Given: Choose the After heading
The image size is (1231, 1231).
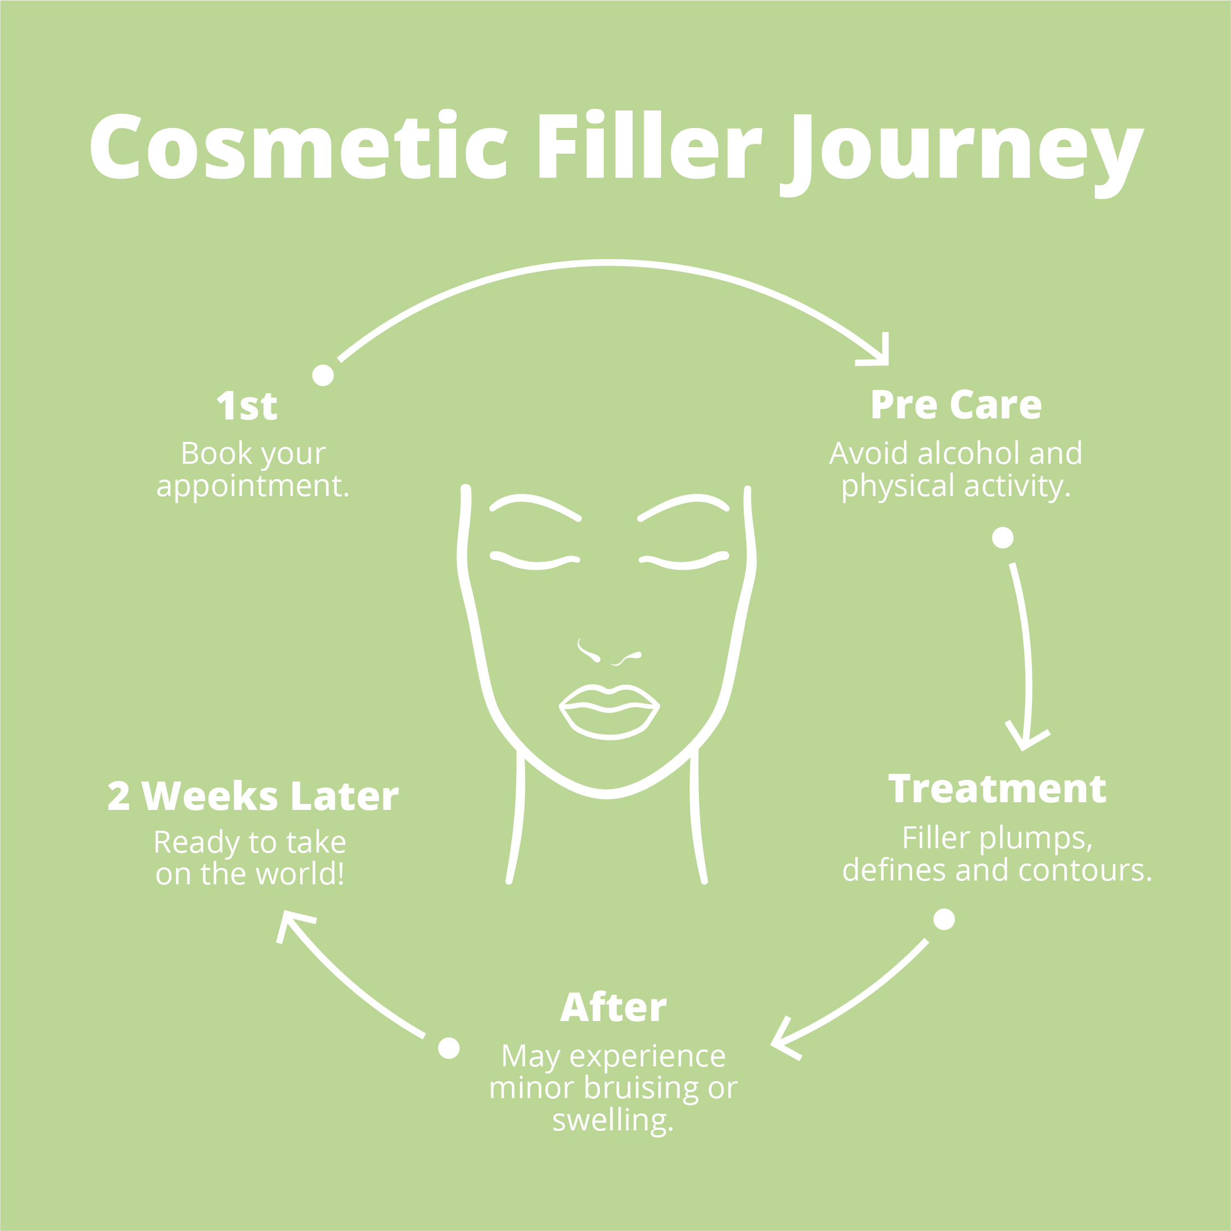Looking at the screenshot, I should point(614,1007).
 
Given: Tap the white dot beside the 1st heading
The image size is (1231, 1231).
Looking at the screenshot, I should point(323,375).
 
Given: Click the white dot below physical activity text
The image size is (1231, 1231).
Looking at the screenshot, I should point(1003,538).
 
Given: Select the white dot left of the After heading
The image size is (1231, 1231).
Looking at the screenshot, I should point(449,1048).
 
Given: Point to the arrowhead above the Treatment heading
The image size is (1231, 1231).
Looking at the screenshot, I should point(1026,739).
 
